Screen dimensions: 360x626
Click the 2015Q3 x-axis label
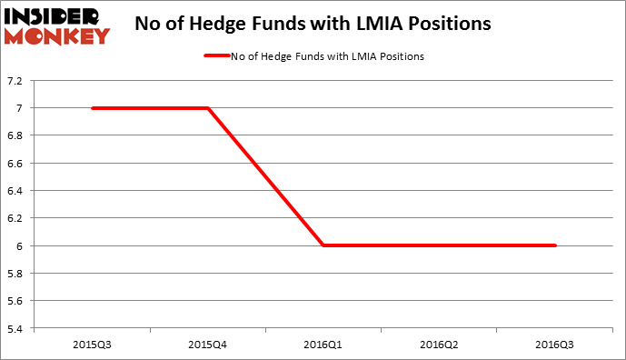coord(93,345)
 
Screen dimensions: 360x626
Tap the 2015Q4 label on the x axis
coord(208,345)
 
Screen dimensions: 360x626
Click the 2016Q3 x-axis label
coord(555,345)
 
